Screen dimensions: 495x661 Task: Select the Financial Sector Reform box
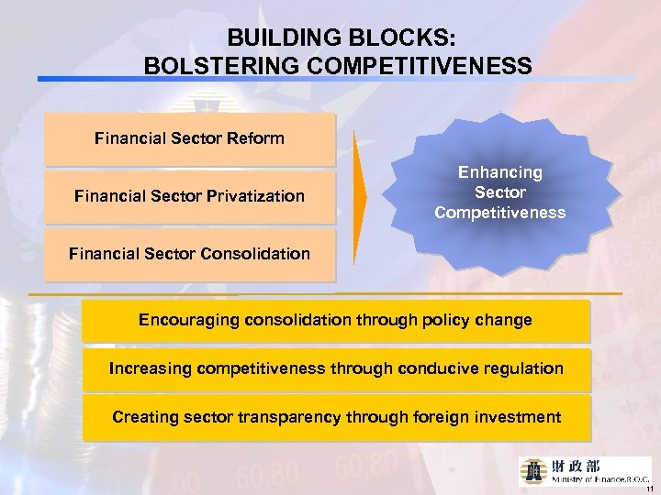[x=189, y=139]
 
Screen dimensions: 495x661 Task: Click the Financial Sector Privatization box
[x=189, y=196]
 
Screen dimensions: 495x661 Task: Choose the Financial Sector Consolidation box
[x=189, y=254]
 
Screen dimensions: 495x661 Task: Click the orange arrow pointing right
[x=360, y=194]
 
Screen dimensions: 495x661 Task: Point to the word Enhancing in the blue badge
[x=500, y=172]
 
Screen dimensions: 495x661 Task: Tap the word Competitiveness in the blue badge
[x=500, y=214]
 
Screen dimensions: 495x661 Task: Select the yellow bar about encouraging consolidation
[x=335, y=321]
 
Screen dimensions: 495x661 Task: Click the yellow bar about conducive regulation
[x=335, y=369]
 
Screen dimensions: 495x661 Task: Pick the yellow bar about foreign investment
[x=335, y=418]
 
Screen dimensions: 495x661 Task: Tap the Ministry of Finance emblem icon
[x=534, y=470]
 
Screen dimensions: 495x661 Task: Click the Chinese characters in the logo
[x=577, y=466]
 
